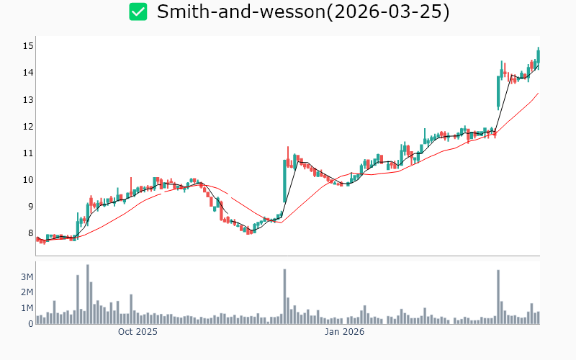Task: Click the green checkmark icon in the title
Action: tap(138, 12)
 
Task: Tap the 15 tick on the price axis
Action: tap(27, 46)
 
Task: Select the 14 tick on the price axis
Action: tap(27, 73)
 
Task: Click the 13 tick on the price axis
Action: tap(27, 99)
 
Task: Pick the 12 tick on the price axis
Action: tap(27, 126)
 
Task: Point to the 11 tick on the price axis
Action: tap(27, 153)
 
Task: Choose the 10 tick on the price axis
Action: tap(27, 179)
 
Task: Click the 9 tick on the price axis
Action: tap(29, 207)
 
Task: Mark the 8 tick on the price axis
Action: tap(29, 233)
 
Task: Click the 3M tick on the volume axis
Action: tap(26, 277)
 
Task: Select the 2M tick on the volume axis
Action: tap(26, 292)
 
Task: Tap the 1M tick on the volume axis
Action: tap(26, 308)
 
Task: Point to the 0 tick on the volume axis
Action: tap(30, 324)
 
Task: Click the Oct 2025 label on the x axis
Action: tap(138, 332)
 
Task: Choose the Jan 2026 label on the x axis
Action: tap(343, 332)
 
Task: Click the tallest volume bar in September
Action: tap(88, 294)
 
